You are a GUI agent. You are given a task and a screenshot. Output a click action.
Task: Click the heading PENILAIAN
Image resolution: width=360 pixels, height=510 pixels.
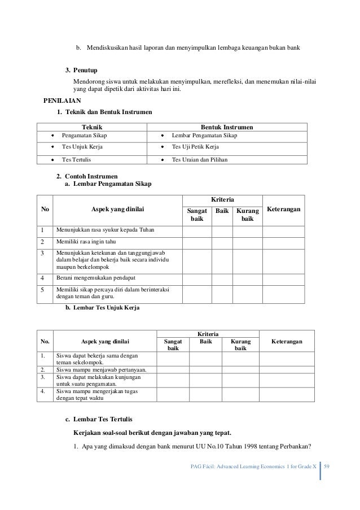62,101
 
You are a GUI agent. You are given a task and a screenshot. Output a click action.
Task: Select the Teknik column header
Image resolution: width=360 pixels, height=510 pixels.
93,127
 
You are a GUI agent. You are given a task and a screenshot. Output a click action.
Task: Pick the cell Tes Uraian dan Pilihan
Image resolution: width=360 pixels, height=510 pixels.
199,160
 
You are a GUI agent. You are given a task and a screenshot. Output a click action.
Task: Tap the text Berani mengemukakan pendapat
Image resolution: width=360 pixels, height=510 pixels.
95,278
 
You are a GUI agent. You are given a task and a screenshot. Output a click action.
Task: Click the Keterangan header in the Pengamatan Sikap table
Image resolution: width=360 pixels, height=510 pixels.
283,210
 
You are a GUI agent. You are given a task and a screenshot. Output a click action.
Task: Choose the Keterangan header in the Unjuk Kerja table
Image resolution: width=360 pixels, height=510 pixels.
286,342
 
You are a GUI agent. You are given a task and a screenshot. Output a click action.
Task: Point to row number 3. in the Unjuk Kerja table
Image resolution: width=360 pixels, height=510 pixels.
43,377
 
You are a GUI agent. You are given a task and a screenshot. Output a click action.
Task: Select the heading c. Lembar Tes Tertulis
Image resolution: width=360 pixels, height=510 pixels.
98,420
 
